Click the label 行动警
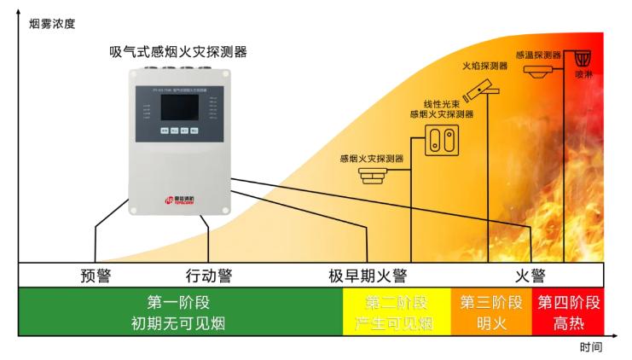click(209, 276)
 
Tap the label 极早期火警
click(368, 276)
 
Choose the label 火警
click(530, 276)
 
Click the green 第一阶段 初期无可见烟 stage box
click(178, 312)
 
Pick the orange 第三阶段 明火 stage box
click(490, 312)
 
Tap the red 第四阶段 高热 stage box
click(568, 312)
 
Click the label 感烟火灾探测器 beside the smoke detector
click(371, 159)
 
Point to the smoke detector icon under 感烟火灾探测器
click(372, 177)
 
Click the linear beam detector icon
click(442, 138)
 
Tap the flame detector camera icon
click(484, 86)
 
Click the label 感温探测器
click(538, 54)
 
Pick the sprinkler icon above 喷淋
click(583, 59)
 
